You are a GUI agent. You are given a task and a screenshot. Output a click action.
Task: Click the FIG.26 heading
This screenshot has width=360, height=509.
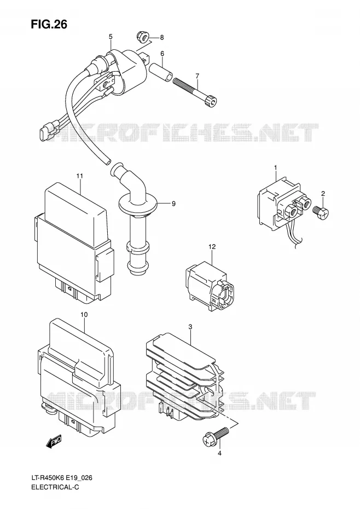[49, 24]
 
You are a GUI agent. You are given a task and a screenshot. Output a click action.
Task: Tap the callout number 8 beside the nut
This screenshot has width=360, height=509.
[161, 38]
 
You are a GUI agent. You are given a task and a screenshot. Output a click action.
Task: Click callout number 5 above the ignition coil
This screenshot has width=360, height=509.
[111, 37]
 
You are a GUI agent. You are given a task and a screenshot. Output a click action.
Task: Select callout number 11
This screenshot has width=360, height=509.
[80, 176]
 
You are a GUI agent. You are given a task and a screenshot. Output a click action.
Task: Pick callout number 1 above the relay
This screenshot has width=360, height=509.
[275, 167]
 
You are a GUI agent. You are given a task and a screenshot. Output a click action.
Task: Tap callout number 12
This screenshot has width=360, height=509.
[212, 247]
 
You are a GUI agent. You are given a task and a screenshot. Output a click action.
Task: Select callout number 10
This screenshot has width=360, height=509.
[84, 315]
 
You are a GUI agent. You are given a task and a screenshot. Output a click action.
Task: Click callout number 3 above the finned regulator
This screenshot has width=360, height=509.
[190, 327]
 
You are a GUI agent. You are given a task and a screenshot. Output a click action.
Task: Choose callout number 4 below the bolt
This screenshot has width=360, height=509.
[219, 454]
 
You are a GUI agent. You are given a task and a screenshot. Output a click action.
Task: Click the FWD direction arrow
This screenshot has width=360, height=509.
[54, 442]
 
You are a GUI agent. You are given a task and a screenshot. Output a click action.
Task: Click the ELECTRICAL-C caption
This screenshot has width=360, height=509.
[55, 487]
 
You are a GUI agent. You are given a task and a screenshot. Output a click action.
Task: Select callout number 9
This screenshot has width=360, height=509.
[173, 204]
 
